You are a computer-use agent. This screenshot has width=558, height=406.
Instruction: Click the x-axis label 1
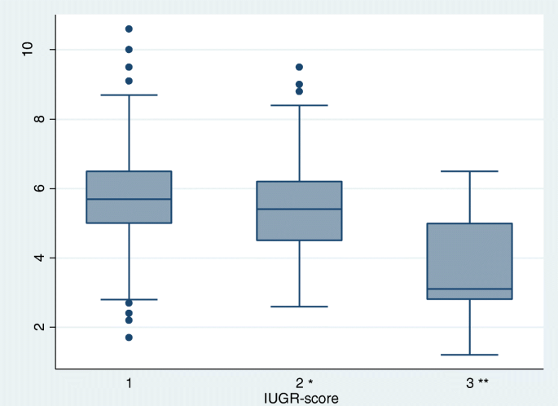pyautogui.click(x=129, y=382)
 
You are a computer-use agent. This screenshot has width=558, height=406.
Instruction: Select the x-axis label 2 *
pyautogui.click(x=302, y=382)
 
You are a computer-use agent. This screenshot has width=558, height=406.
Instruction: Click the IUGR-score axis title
pyautogui.click(x=301, y=398)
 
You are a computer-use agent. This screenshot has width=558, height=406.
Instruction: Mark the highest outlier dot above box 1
pyautogui.click(x=129, y=29)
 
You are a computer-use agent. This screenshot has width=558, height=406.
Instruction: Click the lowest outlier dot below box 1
pyautogui.click(x=129, y=338)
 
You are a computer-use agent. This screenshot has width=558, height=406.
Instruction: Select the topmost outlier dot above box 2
pyautogui.click(x=300, y=67)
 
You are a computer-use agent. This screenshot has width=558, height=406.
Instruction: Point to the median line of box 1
pyautogui.click(x=129, y=199)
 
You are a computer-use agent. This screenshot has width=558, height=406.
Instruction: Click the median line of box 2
pyautogui.click(x=300, y=210)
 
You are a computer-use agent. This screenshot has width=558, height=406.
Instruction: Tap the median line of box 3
pyautogui.click(x=470, y=289)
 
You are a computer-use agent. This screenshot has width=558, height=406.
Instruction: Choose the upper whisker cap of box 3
pyautogui.click(x=470, y=171)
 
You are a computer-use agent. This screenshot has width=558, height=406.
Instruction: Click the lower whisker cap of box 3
pyautogui.click(x=470, y=355)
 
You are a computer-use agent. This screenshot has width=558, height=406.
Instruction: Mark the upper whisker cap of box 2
pyautogui.click(x=300, y=105)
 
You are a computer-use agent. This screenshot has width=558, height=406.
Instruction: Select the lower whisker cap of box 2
pyautogui.click(x=300, y=307)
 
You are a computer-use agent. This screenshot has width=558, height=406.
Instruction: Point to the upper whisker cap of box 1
pyautogui.click(x=129, y=95)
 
